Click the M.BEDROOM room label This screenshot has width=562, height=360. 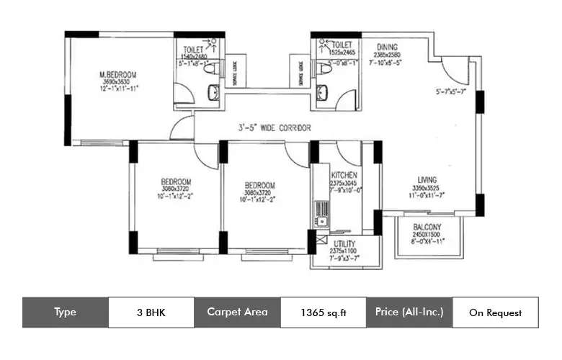coord(118,74)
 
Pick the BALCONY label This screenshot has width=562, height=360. coord(427,228)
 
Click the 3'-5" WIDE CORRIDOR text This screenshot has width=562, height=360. coord(275,127)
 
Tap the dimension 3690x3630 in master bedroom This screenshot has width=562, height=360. coord(118,81)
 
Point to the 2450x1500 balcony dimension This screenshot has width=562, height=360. coord(427,235)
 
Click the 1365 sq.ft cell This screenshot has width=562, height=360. coord(323,312)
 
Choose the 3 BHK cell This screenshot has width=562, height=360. coord(151,312)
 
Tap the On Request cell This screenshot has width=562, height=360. coord(495,312)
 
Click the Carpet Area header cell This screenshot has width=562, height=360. coord(237,312)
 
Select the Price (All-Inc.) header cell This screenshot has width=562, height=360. coord(409,312)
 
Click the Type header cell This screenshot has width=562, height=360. coord(65,312)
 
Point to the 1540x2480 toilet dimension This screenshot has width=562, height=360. coord(190,55)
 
